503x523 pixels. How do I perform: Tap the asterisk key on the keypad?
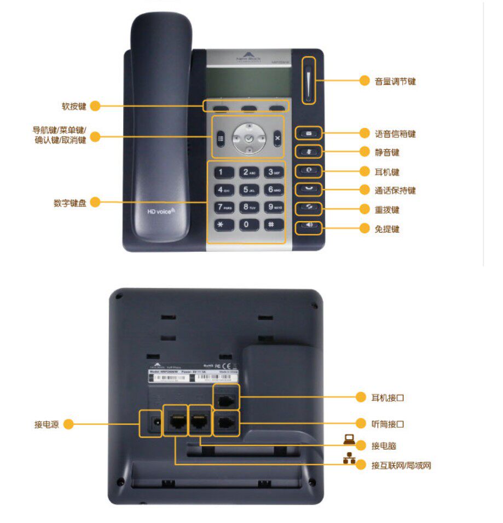221,225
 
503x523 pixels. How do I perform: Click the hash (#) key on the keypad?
271,225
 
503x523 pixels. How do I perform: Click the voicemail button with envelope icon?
309,133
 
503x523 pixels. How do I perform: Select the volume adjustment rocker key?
309,81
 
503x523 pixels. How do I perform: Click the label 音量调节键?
395,82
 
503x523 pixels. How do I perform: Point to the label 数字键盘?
70,203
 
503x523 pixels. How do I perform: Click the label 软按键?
74,106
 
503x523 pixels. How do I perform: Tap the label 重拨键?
387,210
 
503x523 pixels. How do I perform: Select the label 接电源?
47,424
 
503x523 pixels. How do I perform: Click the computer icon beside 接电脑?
349,438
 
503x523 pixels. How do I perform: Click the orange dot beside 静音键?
365,152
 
